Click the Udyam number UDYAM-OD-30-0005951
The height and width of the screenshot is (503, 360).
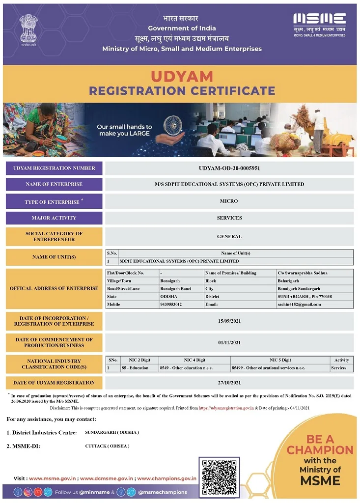coord(229,168)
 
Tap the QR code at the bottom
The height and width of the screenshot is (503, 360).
coord(219,477)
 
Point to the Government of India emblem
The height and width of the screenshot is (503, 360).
coord(28,29)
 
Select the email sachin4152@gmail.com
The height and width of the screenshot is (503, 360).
coord(299,305)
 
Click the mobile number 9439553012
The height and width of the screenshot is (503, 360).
coord(171,305)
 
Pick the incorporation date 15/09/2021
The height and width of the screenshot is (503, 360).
coord(229,321)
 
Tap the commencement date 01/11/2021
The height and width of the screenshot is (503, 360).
coord(229,342)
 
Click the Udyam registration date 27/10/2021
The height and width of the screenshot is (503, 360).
coord(229,383)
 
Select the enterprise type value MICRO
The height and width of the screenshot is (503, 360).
coord(229,201)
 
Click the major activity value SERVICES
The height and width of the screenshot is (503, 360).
coord(229,218)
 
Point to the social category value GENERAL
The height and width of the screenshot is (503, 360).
coord(229,236)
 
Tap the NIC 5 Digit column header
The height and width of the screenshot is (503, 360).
coord(280,360)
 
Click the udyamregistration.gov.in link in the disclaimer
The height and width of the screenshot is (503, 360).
coord(226,408)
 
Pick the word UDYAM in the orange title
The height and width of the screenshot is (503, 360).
coord(182,77)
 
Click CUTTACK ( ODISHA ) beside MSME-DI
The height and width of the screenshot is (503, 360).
coord(107,446)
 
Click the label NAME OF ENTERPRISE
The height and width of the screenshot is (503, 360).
coord(54,184)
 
